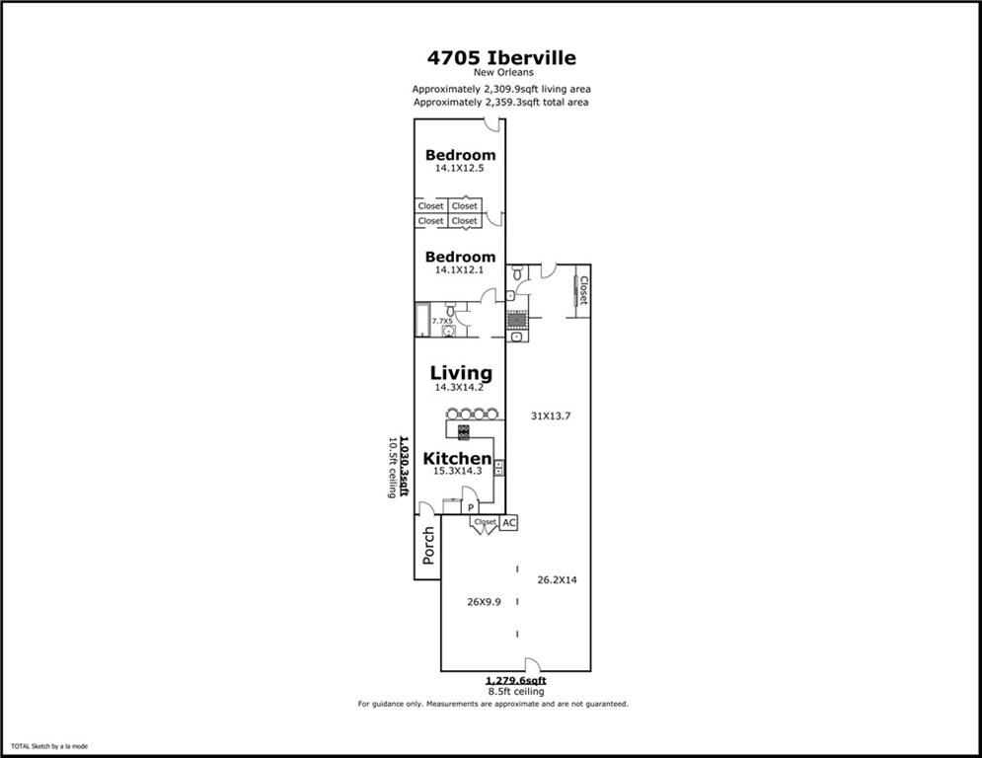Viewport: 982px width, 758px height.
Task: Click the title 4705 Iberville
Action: coord(501,57)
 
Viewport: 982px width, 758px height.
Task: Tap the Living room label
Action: coord(461,373)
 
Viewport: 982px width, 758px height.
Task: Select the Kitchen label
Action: coord(457,458)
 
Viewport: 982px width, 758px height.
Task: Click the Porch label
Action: coord(428,545)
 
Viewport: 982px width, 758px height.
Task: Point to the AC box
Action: coord(509,522)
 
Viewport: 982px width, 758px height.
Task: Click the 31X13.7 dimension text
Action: coord(551,416)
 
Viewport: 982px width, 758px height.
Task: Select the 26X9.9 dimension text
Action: coord(485,602)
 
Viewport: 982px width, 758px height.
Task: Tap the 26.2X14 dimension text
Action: coord(558,579)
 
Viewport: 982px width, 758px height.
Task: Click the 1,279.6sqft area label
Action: coord(516,680)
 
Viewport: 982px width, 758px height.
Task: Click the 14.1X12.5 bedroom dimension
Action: coord(460,168)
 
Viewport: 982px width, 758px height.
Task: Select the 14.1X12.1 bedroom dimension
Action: coord(460,270)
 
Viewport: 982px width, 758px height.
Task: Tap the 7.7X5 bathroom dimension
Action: coord(442,321)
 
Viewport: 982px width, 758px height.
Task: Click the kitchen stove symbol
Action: coord(464,431)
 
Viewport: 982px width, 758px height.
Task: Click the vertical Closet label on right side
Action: coord(583,291)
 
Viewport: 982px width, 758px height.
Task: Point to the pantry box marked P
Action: coord(471,507)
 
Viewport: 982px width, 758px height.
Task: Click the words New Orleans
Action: coord(503,72)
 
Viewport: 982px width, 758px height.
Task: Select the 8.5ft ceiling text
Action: coord(516,692)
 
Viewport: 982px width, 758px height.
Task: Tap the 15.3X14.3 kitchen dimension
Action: coord(458,471)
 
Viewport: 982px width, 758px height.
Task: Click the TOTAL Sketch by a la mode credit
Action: coord(49,746)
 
